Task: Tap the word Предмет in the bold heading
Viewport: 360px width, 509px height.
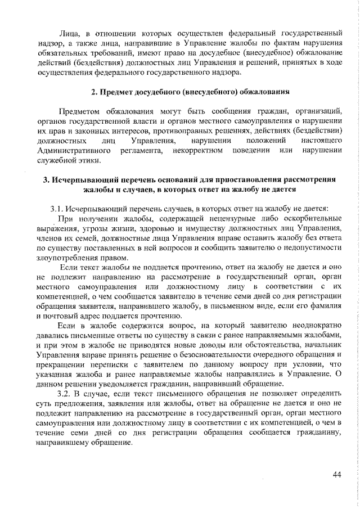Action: click(x=118, y=91)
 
